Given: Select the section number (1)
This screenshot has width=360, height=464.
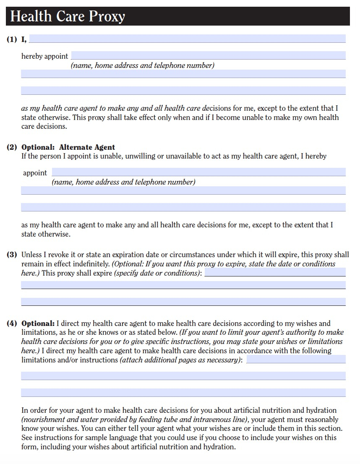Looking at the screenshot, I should pos(12,39).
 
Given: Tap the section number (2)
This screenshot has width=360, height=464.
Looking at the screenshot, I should pos(12,147).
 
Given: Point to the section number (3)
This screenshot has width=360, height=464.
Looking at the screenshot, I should pos(12,255).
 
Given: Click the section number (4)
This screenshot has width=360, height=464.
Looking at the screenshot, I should pos(12,323).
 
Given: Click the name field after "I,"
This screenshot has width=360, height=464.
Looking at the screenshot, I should pos(187,39).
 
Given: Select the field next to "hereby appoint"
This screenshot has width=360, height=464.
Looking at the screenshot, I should pos(208,55).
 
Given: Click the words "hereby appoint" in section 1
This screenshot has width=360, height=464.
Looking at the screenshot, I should pos(44,56).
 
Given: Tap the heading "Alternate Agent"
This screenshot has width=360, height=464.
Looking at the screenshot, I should pos(87,147).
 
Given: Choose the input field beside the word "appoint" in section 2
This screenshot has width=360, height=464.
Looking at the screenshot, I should pos(198,172).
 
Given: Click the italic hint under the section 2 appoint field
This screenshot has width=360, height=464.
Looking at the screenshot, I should pos(123,182).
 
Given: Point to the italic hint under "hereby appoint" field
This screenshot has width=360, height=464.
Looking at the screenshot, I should pos(142,65).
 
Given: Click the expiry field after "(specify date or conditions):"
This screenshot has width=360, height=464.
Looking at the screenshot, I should pos(275,272).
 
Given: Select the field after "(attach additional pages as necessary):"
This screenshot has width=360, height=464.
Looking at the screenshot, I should pos(296,359).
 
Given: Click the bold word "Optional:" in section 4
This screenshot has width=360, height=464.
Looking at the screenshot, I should pos(38,323).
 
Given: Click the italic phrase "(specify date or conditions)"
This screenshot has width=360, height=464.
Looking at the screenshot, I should pos(157,273).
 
